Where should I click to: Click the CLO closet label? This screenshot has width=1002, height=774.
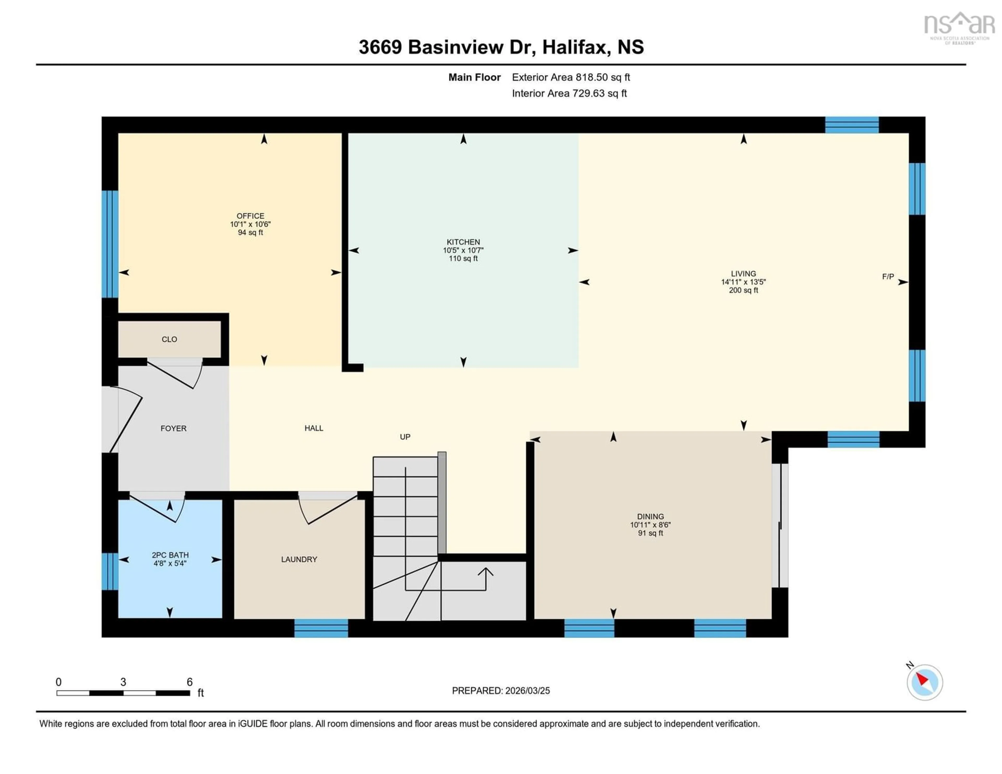point(169,339)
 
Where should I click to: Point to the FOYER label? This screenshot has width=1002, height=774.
point(174,428)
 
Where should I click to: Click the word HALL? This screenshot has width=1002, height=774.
point(314,428)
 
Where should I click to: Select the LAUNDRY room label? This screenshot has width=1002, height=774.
point(299,559)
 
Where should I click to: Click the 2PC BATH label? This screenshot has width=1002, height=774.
point(170,555)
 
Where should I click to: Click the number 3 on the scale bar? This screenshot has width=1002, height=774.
point(123,682)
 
